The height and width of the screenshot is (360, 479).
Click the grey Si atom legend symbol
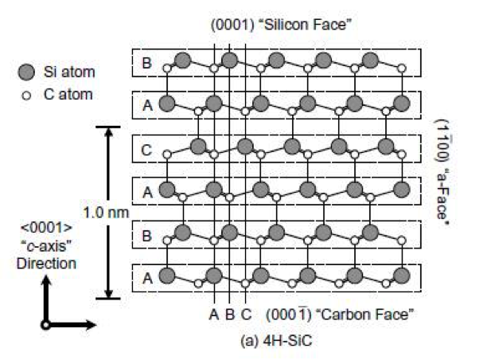click(x=26, y=72)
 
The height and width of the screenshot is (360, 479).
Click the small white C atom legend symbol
click(x=26, y=96)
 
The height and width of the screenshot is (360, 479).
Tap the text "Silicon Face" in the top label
click(x=306, y=25)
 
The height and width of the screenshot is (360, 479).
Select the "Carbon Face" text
click(x=365, y=315)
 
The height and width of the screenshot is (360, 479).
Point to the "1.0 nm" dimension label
click(x=106, y=213)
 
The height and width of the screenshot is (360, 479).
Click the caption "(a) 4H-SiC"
click(x=276, y=341)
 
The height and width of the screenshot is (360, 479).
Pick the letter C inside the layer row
click(x=146, y=151)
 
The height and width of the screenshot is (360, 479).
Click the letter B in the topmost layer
click(x=147, y=63)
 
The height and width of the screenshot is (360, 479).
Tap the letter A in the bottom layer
click(x=147, y=278)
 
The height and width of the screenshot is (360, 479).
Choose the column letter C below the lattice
click(x=246, y=315)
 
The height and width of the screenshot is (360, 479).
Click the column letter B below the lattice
click(x=230, y=315)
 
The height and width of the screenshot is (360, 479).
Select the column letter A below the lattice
click(x=214, y=315)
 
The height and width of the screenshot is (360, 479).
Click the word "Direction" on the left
click(x=46, y=264)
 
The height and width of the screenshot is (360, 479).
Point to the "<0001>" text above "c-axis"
click(x=46, y=228)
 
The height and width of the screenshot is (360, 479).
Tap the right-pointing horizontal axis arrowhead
click(x=91, y=325)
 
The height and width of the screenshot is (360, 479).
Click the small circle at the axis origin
click(x=45, y=325)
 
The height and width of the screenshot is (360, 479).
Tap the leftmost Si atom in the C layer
click(x=198, y=147)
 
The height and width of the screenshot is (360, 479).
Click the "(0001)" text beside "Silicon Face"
click(x=233, y=25)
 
